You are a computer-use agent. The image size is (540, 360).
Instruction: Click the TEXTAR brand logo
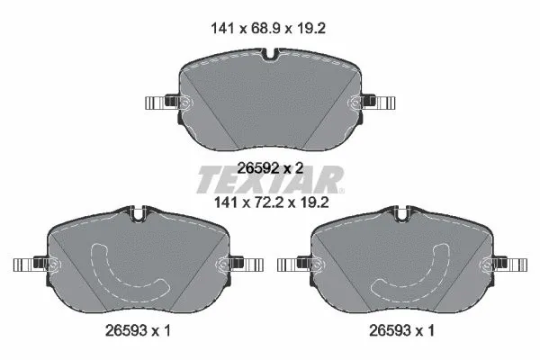269,180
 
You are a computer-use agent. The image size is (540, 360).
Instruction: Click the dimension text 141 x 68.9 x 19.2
269,29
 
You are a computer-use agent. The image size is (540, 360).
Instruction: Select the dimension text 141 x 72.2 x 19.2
269,203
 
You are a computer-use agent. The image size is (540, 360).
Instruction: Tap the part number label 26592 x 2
269,166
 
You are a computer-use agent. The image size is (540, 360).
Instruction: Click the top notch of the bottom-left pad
138,215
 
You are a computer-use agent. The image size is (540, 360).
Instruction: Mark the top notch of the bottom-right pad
400,215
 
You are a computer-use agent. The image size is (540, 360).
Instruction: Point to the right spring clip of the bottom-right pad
507,264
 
